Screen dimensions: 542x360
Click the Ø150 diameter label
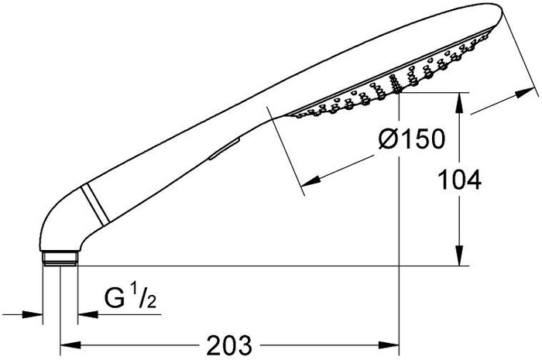tap(411, 139)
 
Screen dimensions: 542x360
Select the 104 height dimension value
tap(459, 180)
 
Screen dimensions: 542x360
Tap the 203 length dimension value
tap(229, 345)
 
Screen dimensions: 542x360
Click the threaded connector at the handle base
tap(60, 259)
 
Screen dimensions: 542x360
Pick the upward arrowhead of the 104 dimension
tap(459, 103)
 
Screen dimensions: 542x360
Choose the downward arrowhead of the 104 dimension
tap(459, 255)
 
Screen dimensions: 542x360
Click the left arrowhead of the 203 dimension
tap(70, 345)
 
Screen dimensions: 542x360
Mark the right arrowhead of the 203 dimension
tap(389, 345)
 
